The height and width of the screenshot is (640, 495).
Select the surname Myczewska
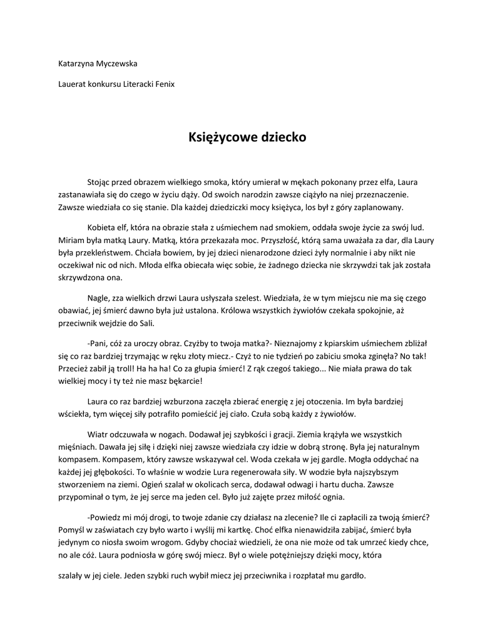pyautogui.click(x=118, y=64)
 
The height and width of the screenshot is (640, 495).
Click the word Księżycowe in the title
pyautogui.click(x=217, y=136)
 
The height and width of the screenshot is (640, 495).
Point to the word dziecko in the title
pyautogui.click(x=282, y=136)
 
